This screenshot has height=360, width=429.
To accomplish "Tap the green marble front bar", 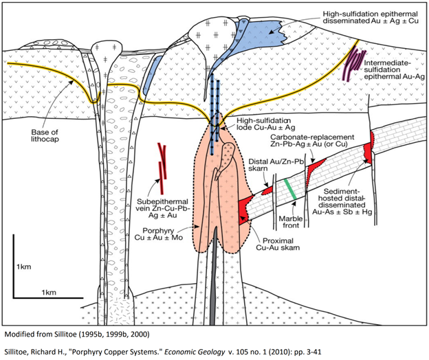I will [x=293, y=190].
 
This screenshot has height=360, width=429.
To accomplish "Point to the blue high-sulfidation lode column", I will [x=217, y=110].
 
